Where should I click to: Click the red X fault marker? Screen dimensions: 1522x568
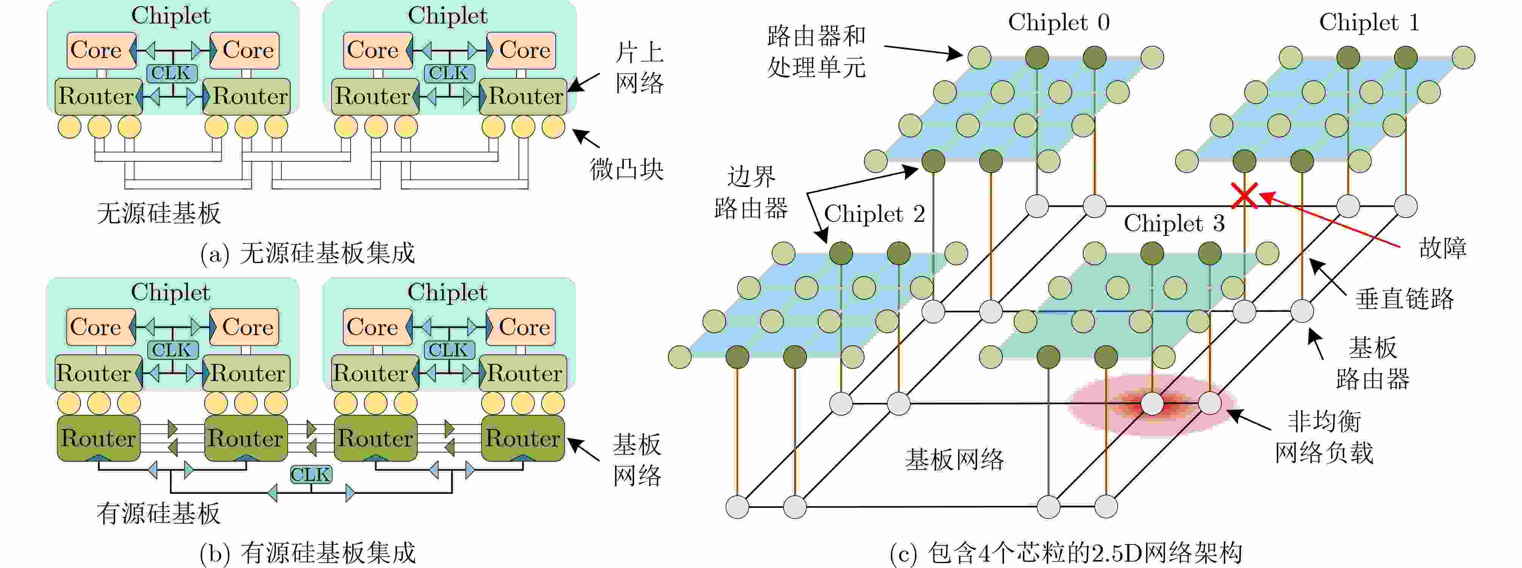1244,195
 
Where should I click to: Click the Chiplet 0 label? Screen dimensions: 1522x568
1059,22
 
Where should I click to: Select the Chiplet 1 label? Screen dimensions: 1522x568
1369,22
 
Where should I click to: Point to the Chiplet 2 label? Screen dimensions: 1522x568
874,214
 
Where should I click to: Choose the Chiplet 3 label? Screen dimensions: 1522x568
1174,223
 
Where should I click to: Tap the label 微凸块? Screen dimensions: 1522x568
627,170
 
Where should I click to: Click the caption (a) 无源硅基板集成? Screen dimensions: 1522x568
308,253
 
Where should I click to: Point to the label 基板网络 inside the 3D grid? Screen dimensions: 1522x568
954,459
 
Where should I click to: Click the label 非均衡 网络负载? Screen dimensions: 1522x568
1324,437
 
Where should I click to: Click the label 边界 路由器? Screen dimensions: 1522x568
751,192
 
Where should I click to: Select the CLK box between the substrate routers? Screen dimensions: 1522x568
311,474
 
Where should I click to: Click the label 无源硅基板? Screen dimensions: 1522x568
159,213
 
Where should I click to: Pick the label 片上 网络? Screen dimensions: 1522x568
639,68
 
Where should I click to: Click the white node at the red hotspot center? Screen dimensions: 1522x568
1152,404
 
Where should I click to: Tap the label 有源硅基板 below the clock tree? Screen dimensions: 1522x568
159,513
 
